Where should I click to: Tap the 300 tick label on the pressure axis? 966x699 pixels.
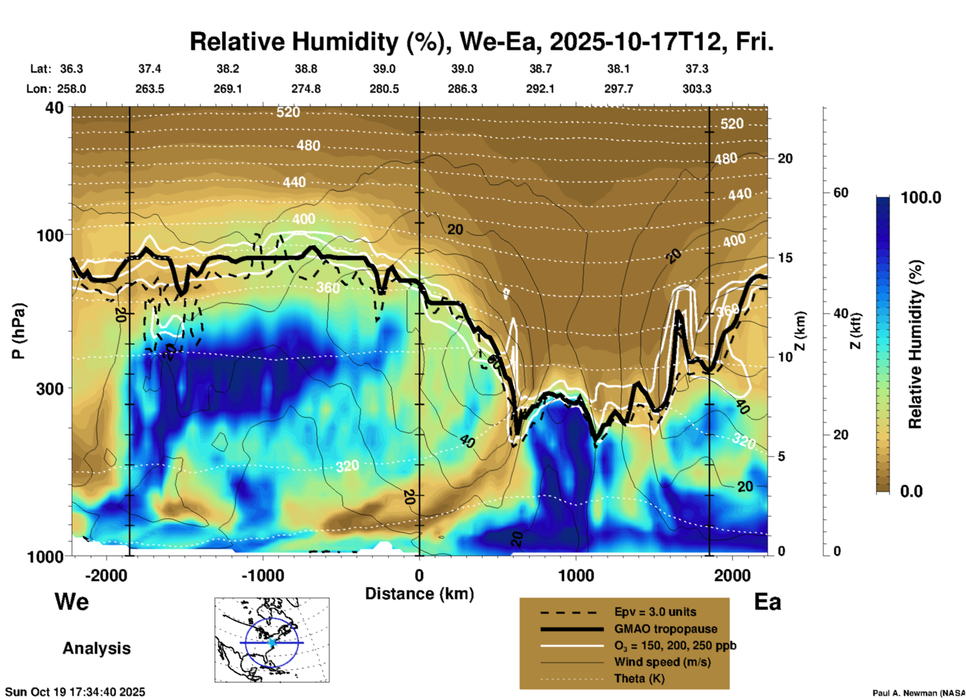[x=50, y=389]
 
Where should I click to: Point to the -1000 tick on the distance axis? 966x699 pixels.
[x=263, y=575]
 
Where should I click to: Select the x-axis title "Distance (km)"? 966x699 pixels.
[x=419, y=594]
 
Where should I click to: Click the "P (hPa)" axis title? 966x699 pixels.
[x=19, y=331]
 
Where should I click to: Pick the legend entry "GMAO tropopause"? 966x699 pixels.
[x=666, y=629]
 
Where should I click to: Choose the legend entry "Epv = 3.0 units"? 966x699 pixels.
[x=655, y=612]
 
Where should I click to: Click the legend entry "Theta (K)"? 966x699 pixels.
[x=639, y=679]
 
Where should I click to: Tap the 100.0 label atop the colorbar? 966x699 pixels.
[x=921, y=198]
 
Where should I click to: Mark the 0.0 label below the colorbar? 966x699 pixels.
[x=911, y=491]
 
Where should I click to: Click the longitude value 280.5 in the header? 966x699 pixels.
[x=384, y=89]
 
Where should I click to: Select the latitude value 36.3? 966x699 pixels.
[x=71, y=69]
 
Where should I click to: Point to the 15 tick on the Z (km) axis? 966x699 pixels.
[x=785, y=258]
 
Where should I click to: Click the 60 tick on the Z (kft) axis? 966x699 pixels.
[x=841, y=193]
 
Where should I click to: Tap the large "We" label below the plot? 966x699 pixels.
[x=72, y=602]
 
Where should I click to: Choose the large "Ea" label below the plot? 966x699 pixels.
[x=767, y=602]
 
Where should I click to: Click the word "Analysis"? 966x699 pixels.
[x=96, y=648]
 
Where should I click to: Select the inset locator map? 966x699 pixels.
[x=272, y=640]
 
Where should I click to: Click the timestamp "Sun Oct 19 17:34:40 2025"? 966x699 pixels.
[x=75, y=692]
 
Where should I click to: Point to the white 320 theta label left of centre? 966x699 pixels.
[x=347, y=466]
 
